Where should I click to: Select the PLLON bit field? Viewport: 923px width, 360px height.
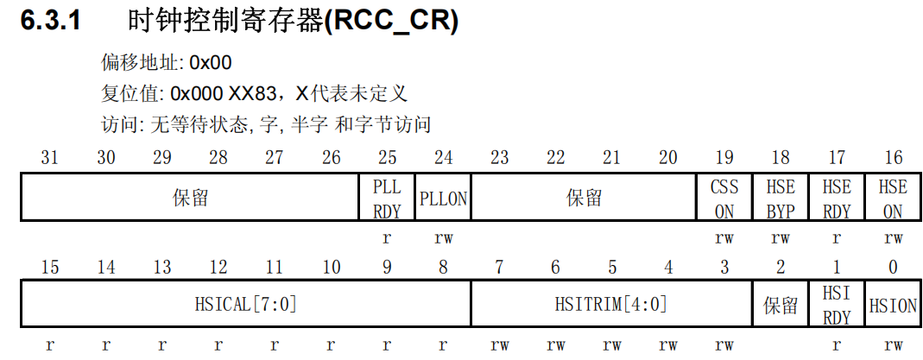[443, 198]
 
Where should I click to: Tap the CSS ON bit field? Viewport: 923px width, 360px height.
[724, 198]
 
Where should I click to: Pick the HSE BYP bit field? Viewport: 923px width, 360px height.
[780, 198]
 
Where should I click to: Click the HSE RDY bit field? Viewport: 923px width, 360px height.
[836, 198]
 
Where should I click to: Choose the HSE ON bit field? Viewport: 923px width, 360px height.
[892, 198]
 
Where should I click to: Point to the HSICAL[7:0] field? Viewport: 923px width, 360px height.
[246, 304]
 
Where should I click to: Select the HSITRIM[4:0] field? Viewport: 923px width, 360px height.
[610, 304]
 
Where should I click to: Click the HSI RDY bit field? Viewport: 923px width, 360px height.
[836, 305]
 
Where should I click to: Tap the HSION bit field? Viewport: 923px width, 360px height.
[893, 305]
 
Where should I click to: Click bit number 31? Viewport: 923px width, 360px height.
[49, 157]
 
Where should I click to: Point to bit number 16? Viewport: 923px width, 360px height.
[894, 157]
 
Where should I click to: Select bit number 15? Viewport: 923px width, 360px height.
[49, 267]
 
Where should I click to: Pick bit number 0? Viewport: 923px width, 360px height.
[894, 267]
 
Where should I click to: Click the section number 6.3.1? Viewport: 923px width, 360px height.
[51, 21]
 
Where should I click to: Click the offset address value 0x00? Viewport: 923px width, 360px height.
[210, 63]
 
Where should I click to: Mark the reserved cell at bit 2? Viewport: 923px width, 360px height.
[780, 305]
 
